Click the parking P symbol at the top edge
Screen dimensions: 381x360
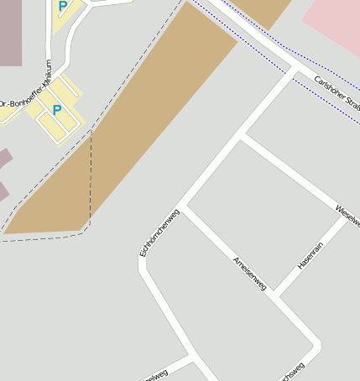tap(63, 6)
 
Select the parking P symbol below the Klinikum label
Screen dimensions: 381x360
tap(57, 110)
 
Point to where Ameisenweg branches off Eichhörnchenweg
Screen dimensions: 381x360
tap(185, 206)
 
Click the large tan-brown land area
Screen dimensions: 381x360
tap(143, 126)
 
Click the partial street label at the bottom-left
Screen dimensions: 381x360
tap(155, 373)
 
